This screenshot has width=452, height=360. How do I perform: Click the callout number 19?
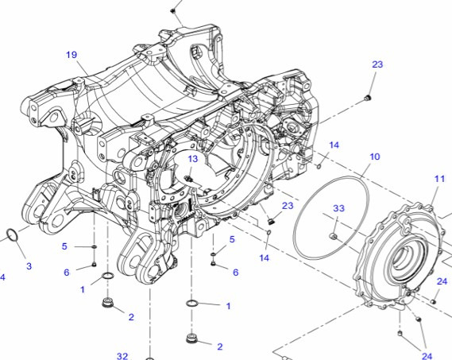(71, 55)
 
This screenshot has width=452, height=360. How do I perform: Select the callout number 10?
(374, 157)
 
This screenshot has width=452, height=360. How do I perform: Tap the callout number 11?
(439, 180)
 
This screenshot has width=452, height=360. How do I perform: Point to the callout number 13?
(192, 159)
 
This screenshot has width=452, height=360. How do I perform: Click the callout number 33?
(338, 208)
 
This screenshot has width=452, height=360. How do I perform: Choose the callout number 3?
(29, 265)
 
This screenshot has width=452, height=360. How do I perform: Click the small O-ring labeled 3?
(13, 235)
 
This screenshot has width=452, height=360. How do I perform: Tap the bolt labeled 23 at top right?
(368, 97)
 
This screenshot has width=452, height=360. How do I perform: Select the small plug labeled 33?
(334, 236)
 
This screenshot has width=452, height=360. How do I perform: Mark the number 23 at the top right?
(377, 64)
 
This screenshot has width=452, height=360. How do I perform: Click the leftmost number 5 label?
(65, 246)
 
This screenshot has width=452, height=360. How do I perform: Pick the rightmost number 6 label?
(235, 272)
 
